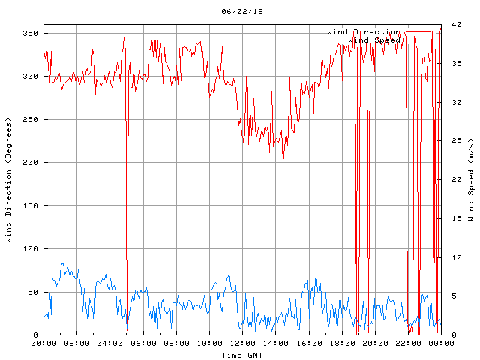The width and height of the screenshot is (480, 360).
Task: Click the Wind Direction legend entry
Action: [364, 32]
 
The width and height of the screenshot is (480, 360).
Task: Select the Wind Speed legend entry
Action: [375, 40]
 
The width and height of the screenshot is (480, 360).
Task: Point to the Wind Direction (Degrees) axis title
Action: [8, 180]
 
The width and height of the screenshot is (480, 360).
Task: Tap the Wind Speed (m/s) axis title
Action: [471, 180]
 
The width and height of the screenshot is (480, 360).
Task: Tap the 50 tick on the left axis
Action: [31, 292]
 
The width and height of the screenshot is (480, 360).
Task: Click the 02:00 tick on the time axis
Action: [77, 343]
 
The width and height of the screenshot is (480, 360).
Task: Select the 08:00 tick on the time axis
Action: [176, 343]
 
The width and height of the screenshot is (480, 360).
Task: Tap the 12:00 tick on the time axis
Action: [242, 343]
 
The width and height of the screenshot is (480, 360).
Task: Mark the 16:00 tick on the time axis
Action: [308, 343]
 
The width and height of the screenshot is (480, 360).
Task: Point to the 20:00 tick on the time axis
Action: [374, 343]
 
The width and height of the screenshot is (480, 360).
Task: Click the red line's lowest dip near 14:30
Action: [283, 161]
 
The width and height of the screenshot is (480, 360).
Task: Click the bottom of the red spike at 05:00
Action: [127, 265]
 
